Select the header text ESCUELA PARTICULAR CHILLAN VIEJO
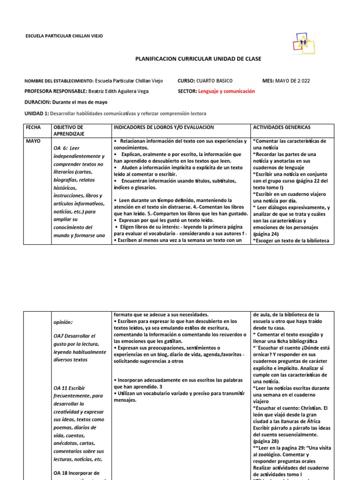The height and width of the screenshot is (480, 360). tap(63, 36)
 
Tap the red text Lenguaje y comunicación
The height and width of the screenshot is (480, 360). tap(226, 91)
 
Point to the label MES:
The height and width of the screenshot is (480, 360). tap(269, 81)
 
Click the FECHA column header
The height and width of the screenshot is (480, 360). tap(33, 127)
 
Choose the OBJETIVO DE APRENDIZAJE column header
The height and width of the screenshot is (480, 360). tap(68, 130)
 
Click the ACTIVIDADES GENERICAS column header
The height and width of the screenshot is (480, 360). tap(281, 127)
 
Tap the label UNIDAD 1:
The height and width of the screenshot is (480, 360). tap(37, 113)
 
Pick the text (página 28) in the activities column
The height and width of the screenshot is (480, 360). tap(266, 442)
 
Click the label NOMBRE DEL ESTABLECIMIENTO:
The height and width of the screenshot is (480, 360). tap(59, 81)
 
